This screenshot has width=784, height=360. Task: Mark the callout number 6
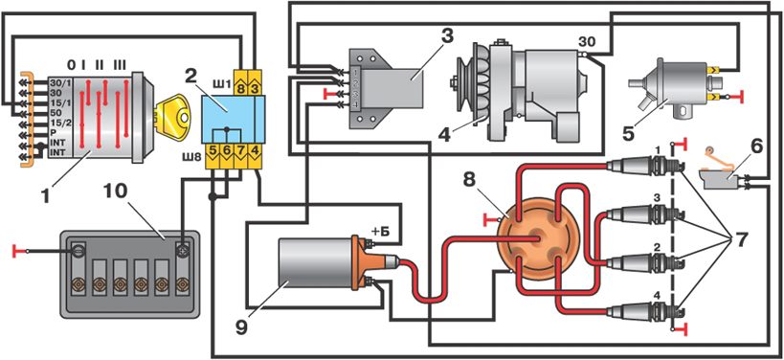pyautogui.click(x=756, y=148)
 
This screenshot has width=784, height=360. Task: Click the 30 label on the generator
pyautogui.click(x=587, y=41)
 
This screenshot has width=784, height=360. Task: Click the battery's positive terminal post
pyautogui.click(x=183, y=250)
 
